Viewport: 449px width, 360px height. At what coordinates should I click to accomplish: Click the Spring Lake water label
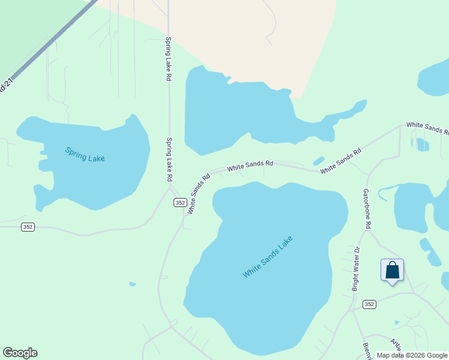(x=85, y=154)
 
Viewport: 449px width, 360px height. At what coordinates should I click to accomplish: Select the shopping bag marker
(x=392, y=271)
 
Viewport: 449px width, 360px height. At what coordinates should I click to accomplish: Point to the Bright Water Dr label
(x=355, y=269)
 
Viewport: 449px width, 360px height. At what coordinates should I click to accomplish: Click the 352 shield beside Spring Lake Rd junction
(x=179, y=203)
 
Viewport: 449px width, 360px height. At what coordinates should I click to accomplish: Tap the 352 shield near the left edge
(x=28, y=226)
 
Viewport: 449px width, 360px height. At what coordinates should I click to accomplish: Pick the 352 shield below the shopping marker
(x=369, y=305)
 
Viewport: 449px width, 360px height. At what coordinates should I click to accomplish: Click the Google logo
(x=20, y=353)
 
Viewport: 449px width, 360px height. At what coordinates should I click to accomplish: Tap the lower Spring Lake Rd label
(x=169, y=160)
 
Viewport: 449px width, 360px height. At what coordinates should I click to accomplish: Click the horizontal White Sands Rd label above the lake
(x=250, y=165)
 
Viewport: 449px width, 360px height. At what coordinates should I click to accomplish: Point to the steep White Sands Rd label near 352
(x=198, y=193)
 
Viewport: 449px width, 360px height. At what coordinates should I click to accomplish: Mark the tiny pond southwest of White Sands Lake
(x=132, y=284)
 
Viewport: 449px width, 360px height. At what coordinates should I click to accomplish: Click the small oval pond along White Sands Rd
(x=318, y=161)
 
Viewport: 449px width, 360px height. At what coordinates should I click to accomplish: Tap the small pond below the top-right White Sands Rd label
(x=423, y=144)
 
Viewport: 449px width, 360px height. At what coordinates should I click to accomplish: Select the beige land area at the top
(x=252, y=36)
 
